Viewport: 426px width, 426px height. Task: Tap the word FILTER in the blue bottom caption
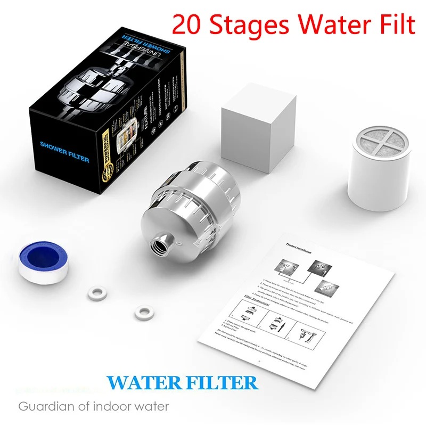click(x=219, y=383)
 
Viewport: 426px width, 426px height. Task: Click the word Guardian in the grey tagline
click(x=43, y=407)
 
